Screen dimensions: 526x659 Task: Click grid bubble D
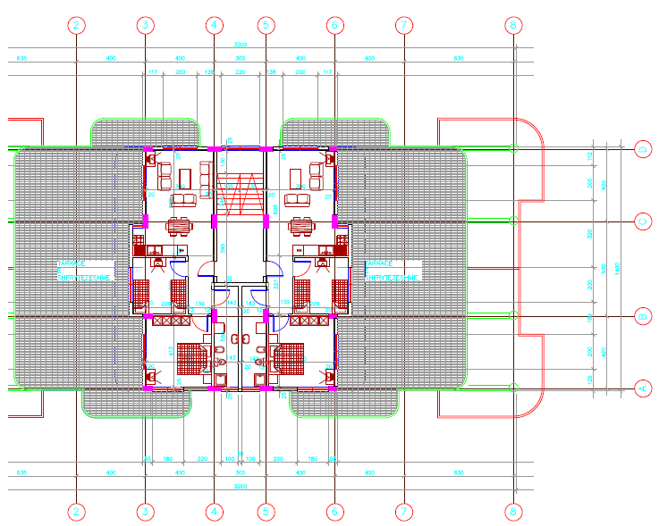(640, 149)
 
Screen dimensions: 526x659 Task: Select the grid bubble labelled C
(640, 220)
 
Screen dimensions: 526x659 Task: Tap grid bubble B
(640, 316)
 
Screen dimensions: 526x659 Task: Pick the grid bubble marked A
(640, 388)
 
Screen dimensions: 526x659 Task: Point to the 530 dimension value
(605, 268)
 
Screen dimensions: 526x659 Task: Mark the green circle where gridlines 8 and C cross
(513, 220)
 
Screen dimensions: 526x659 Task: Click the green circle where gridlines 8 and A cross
(513, 388)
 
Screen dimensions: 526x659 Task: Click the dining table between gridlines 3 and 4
(179, 223)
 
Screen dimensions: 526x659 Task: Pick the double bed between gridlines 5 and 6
(288, 359)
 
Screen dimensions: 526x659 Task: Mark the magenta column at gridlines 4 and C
(215, 221)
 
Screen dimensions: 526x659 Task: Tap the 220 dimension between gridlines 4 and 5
(240, 71)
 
